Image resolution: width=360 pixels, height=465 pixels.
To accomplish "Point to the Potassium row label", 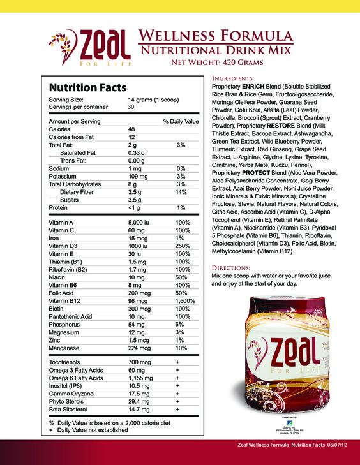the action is pos(64,176).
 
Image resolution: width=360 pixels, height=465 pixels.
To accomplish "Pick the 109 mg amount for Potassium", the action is pos(139,176).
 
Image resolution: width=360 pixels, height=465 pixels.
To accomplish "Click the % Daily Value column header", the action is pos(181,121).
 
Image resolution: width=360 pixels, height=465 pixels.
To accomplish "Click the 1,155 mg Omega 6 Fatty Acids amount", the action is pos(140,378).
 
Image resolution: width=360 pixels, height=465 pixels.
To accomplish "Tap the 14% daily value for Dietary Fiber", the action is pos(181,191).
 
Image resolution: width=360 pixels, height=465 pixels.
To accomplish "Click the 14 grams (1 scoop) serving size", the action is pos(153,100).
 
